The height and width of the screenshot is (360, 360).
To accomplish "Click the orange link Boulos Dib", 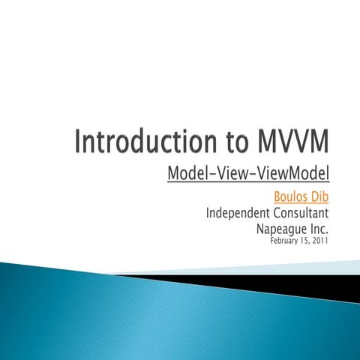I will coord(303,197).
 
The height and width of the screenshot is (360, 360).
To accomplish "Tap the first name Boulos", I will coord(293,197).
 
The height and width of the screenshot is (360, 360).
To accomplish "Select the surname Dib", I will coord(321,197).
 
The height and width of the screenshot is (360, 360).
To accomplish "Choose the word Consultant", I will coord(303,214).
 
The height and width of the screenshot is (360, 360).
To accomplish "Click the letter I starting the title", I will coord(79,142).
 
